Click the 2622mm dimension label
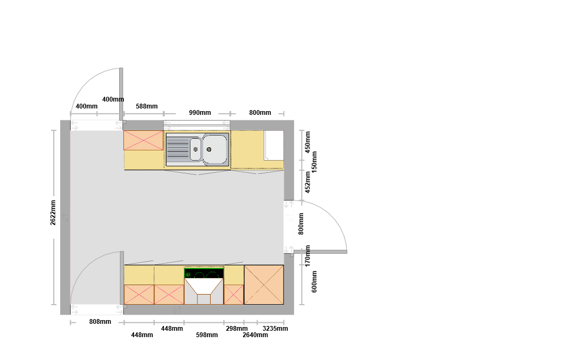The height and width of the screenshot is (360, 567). tap(53, 213)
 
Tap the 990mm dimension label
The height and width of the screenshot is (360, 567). tap(200, 113)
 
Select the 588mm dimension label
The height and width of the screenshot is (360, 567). tap(147, 106)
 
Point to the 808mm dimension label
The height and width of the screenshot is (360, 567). tap(100, 322)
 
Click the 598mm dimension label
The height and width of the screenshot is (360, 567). tap(207, 335)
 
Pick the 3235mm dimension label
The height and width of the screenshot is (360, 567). tap(275, 329)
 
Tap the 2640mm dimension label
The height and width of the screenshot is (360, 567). tap(255, 335)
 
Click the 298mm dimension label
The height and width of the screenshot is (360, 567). tap(237, 329)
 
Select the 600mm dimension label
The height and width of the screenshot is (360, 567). tap(314, 282)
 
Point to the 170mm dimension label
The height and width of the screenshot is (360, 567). tap(308, 256)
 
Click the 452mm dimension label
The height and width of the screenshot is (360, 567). tap(308, 182)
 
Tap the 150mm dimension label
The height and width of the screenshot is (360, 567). tap(314, 162)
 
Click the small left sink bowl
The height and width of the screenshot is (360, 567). tap(195, 149)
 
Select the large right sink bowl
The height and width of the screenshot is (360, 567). tap(215, 149)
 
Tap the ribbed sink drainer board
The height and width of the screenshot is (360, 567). tap(178, 149)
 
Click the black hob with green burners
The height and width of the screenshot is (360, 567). tap(204, 273)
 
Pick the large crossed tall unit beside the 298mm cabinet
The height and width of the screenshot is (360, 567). tap(264, 285)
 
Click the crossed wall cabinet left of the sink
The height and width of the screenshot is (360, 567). tap(144, 140)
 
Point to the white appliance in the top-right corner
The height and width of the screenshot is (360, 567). tap(274, 145)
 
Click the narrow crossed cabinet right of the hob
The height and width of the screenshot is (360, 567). tap(234, 295)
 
